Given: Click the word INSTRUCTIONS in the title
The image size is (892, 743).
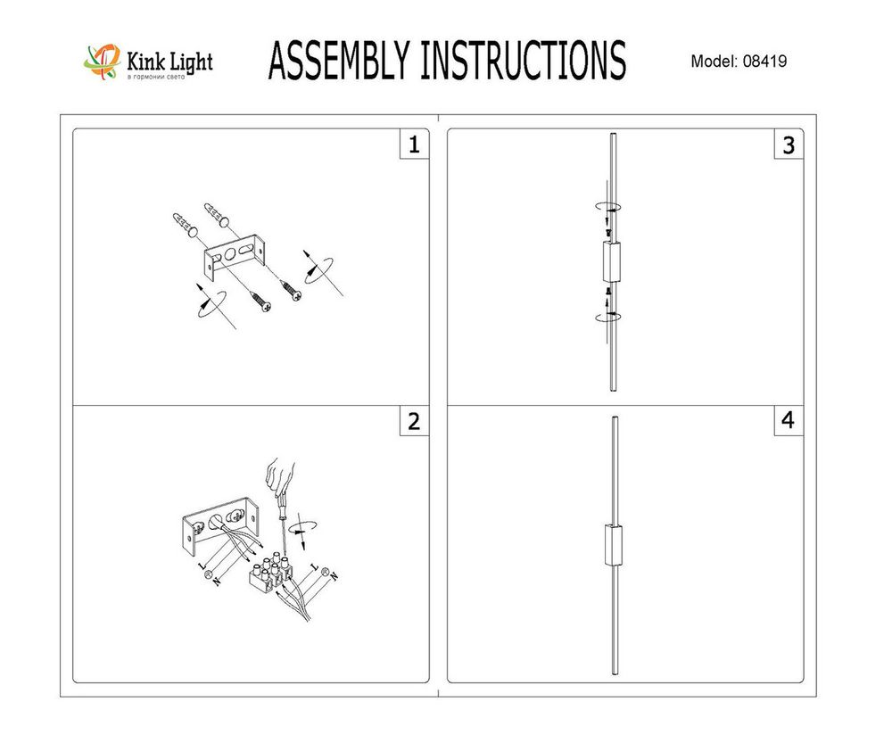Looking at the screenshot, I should coord(522,61).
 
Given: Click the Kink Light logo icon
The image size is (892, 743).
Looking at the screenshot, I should coord(102,62).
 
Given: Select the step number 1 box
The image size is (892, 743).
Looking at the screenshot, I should coord(412,145).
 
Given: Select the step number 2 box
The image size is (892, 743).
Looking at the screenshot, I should coord(412,421).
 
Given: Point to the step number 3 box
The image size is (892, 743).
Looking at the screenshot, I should coord(787,145).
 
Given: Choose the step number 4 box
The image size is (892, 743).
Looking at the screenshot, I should coord(787,421).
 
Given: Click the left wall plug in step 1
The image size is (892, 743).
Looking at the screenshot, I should coord(184,224).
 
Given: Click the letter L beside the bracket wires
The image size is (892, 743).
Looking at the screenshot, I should coord(199,566).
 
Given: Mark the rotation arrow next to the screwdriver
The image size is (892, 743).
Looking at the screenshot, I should coord(306,526).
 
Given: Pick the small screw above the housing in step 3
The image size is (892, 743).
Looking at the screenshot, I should coord(607,231).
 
